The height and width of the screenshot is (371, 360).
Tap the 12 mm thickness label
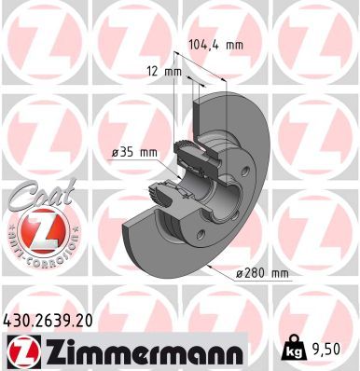159,71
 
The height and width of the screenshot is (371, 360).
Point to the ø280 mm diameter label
263,272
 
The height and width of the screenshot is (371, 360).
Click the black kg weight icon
293,351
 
